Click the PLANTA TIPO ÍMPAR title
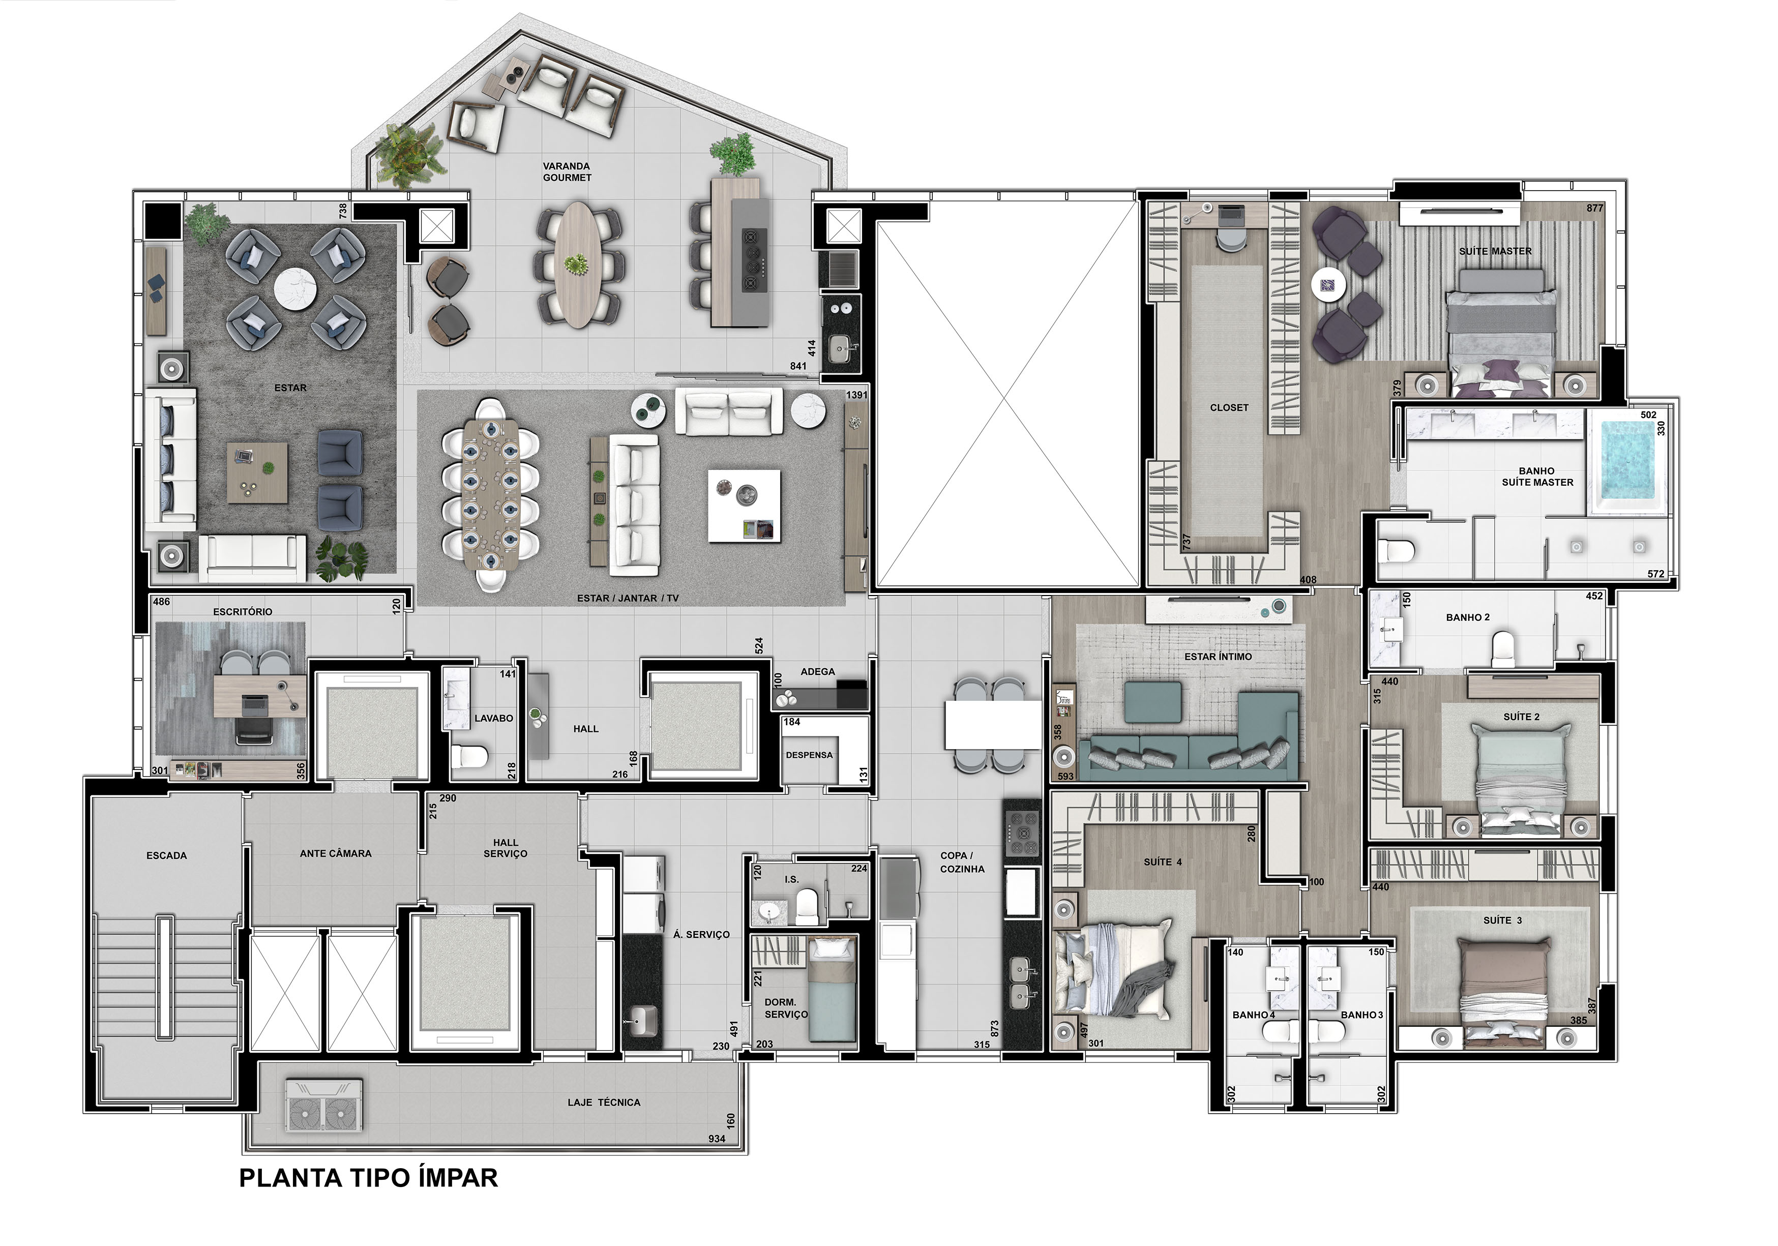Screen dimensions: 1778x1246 point(369,1178)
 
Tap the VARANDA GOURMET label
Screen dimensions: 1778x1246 point(567,172)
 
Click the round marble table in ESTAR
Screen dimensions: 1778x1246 point(296,289)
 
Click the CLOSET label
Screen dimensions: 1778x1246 point(1229,407)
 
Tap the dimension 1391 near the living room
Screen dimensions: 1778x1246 point(856,395)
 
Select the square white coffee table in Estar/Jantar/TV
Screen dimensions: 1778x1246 point(744,506)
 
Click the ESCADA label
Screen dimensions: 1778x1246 point(166,856)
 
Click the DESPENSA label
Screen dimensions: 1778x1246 point(809,755)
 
